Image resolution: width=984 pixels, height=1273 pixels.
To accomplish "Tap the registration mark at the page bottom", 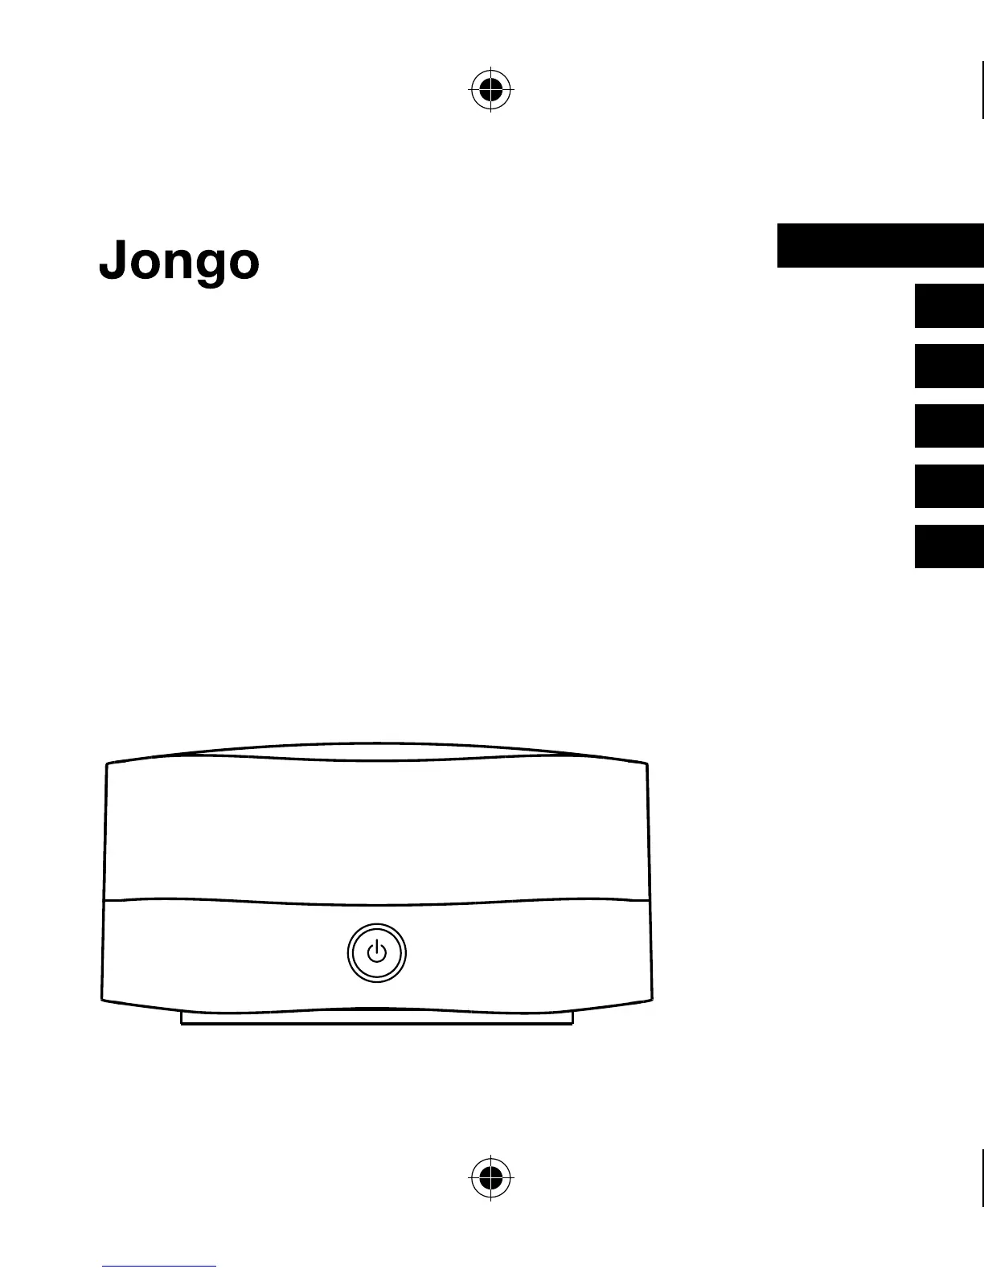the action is pyautogui.click(x=490, y=1177).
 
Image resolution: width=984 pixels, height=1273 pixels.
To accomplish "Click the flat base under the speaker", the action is pyautogui.click(x=376, y=1018).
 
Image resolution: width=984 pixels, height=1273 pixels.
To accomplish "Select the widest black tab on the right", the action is pyautogui.click(x=880, y=246).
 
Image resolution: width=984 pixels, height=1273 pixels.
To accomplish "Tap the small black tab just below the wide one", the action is pyautogui.click(x=949, y=305).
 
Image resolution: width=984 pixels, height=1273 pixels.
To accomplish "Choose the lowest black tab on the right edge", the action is pyautogui.click(x=949, y=546).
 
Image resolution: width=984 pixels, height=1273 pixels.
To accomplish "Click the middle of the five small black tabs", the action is pyautogui.click(x=949, y=426).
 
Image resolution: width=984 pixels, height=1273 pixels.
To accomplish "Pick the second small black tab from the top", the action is pyautogui.click(x=949, y=366).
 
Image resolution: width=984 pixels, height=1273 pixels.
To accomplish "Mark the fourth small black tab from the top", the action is pyautogui.click(x=949, y=486).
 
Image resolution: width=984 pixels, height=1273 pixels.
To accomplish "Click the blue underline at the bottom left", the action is pyautogui.click(x=159, y=1267).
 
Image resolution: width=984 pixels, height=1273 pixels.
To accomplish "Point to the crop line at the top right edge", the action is pyautogui.click(x=982, y=88).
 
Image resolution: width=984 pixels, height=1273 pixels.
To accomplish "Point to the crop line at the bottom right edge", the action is pyautogui.click(x=982, y=1177).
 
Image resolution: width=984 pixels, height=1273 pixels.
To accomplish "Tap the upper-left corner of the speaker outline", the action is pyautogui.click(x=108, y=764).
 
